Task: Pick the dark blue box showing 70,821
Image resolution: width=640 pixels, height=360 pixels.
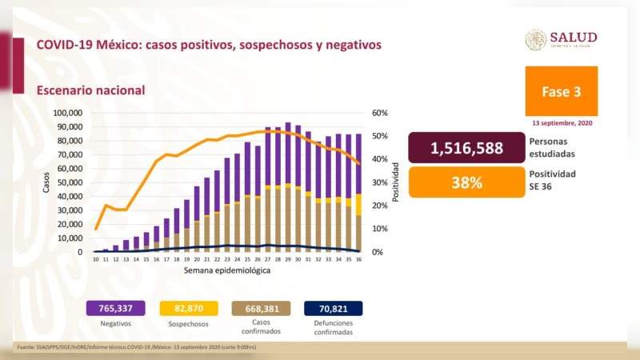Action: point(334,308)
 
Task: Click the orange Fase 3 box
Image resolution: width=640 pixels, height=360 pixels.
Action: point(561,92)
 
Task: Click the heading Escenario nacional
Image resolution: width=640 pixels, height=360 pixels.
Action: point(90,90)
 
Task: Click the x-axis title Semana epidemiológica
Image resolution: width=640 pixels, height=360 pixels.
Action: point(226,270)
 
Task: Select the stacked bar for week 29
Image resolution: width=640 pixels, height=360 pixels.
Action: point(287,188)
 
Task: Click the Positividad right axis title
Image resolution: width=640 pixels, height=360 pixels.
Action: point(394,182)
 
